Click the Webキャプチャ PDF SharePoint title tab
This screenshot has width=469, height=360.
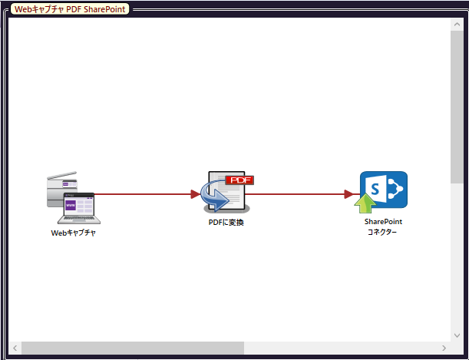pyautogui.click(x=70, y=9)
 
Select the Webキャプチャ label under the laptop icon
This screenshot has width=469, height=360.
pyautogui.click(x=73, y=233)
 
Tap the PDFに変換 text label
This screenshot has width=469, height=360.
pyautogui.click(x=226, y=223)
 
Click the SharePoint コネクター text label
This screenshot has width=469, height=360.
pyautogui.click(x=383, y=226)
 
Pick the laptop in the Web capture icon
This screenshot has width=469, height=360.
pyautogui.click(x=79, y=209)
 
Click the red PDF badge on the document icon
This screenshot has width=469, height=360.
pyautogui.click(x=239, y=180)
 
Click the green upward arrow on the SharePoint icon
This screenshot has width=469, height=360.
pyautogui.click(x=365, y=203)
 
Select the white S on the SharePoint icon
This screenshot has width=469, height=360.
pyautogui.click(x=375, y=189)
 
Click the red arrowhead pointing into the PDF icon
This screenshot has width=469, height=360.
pyautogui.click(x=195, y=194)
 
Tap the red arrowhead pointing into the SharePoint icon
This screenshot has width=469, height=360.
pyautogui.click(x=348, y=194)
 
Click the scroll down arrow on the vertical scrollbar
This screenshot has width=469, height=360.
pyautogui.click(x=457, y=335)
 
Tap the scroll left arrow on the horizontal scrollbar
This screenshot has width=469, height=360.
pyautogui.click(x=15, y=348)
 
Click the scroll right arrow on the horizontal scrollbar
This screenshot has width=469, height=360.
pyautogui.click(x=444, y=348)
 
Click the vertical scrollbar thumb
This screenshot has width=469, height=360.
pyautogui.click(x=457, y=107)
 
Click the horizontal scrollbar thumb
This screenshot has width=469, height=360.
pyautogui.click(x=133, y=348)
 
